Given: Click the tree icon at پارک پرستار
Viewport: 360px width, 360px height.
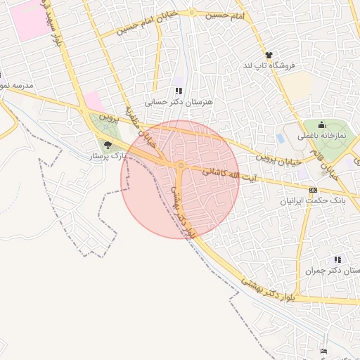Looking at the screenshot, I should click(x=108, y=145).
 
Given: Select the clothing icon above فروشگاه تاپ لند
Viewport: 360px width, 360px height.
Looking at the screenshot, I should click(x=269, y=54).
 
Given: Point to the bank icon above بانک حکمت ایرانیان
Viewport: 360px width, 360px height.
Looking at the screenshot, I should click(x=313, y=190).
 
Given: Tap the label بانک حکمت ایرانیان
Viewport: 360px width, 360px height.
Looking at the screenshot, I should click(x=314, y=201).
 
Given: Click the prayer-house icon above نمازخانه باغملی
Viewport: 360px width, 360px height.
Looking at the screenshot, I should click(x=322, y=126).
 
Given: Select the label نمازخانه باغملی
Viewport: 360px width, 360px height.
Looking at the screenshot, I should click(x=322, y=136).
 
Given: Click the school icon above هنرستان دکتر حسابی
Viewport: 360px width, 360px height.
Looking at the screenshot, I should click(x=178, y=91).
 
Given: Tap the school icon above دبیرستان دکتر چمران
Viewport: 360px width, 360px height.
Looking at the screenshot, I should click(x=338, y=260).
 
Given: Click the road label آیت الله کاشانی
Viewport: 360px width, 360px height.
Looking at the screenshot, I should click(x=229, y=176).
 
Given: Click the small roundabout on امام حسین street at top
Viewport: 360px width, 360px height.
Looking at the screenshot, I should click(x=192, y=13).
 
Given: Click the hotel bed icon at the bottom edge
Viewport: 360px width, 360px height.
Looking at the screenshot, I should click(x=323, y=351).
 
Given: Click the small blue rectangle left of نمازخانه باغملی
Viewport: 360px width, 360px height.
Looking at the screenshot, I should click(x=281, y=138).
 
